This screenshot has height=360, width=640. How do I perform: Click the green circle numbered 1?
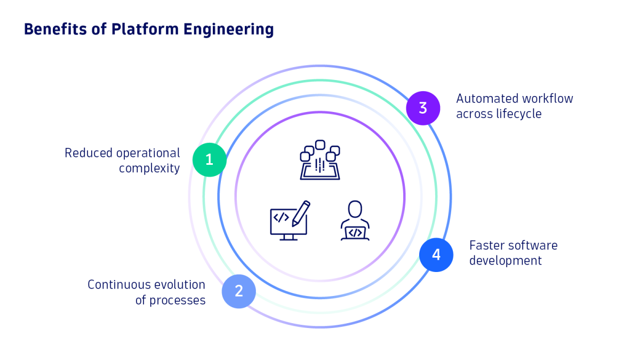[x=210, y=159]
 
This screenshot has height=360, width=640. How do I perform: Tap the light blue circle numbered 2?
[x=239, y=291]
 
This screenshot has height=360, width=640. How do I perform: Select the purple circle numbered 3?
[x=423, y=108]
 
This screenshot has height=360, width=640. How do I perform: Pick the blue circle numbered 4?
[x=436, y=255]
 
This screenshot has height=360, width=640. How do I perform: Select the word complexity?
[x=149, y=169]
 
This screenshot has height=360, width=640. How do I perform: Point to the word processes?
[x=177, y=300]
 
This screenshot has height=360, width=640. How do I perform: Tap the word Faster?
[x=487, y=245]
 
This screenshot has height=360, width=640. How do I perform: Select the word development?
[x=506, y=261]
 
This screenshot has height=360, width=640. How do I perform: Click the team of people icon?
[x=320, y=160]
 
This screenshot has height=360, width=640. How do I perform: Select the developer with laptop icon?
[x=355, y=220]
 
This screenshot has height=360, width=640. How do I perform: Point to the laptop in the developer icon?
[x=355, y=233]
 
